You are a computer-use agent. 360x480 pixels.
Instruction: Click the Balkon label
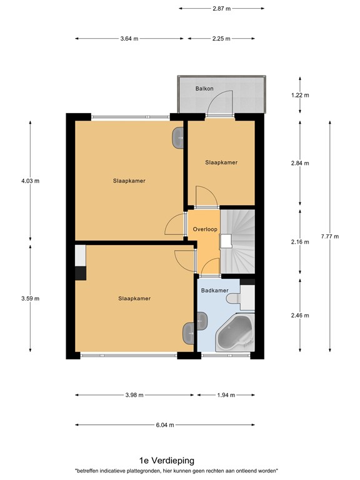click(204, 89)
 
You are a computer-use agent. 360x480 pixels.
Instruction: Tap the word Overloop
click(204, 229)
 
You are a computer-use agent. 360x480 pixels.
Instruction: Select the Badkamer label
click(213, 291)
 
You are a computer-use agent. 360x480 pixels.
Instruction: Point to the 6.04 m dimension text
click(165, 424)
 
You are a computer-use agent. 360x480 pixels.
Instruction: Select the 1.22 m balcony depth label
click(300, 96)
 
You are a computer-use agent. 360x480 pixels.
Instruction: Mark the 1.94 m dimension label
click(226, 395)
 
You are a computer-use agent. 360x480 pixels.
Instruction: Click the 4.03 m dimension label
click(30, 181)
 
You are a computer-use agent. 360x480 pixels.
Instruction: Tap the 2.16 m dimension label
click(300, 242)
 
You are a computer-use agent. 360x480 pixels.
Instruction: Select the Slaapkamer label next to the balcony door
click(221, 162)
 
